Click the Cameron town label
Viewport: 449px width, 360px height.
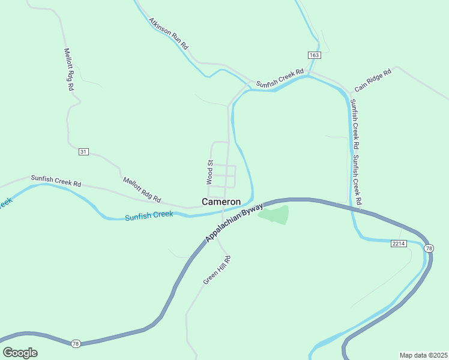coord(221,202)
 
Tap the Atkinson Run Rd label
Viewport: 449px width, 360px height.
coord(169,33)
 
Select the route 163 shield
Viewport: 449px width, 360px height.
coord(315,55)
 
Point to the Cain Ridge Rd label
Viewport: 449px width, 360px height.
coord(372,80)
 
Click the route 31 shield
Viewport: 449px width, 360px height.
coord(83,152)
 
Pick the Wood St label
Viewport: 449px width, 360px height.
coord(210,172)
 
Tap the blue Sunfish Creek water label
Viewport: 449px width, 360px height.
coord(148,215)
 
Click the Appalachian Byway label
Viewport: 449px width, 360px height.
coord(234,223)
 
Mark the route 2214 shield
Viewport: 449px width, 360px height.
coord(399,244)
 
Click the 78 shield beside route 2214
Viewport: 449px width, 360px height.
coord(429,248)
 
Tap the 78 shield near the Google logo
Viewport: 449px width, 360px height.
coord(75,344)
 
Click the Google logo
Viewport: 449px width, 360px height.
coord(20,353)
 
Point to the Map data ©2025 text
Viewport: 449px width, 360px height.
coord(423,355)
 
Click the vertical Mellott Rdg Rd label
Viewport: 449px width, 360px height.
coord(70,70)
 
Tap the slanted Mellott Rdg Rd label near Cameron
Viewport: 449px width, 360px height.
coord(142,189)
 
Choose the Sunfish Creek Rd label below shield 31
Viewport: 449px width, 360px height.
coord(56,179)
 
